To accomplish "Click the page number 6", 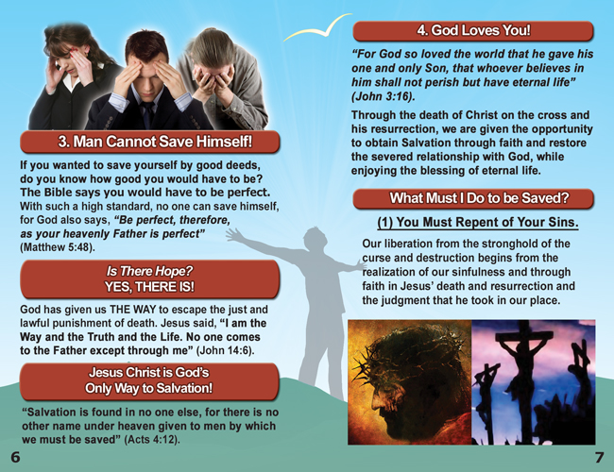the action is [x=15, y=457].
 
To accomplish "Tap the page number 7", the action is [x=599, y=458].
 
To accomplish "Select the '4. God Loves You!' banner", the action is [x=473, y=30].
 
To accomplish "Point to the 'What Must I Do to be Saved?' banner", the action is [x=473, y=198].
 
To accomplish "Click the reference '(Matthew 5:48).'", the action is [x=58, y=247].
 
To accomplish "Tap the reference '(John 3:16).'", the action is [x=383, y=96].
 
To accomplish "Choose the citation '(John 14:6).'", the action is [x=225, y=350].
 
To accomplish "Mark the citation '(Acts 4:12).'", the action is [x=152, y=440].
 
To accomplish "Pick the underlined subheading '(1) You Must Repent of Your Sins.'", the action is [x=478, y=222].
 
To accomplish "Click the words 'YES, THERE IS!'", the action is [x=149, y=287].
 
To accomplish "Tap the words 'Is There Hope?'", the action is [x=149, y=271].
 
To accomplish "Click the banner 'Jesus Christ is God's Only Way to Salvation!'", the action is [x=149, y=380].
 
